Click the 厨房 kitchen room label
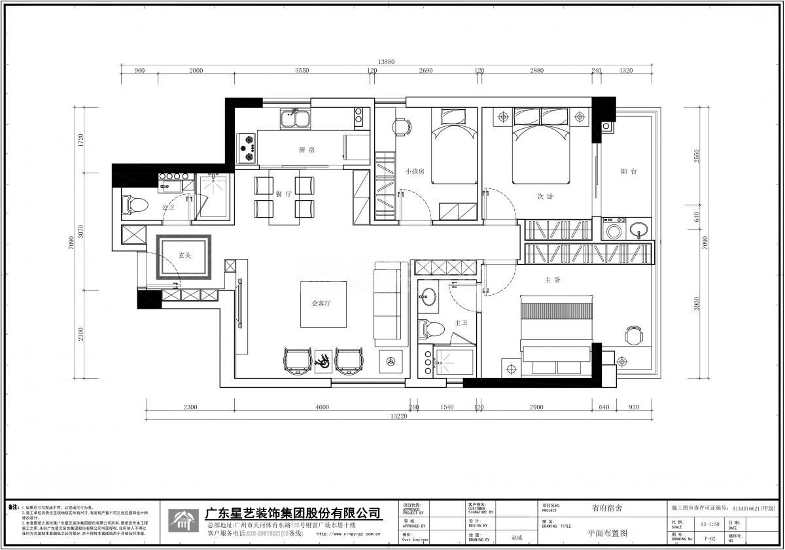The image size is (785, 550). tap(307, 150)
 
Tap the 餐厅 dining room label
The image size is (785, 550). tap(283, 194)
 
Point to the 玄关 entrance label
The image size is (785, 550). tap(185, 256)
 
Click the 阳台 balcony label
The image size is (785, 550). tap(629, 171)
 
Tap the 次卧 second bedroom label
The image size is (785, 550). tap(546, 196)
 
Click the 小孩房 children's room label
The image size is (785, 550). tap(415, 171)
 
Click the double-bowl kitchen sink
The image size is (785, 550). tap(295, 118)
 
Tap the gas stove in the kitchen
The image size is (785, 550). tap(247, 148)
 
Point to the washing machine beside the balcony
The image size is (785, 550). tap(614, 230)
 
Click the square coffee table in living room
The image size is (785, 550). tap(324, 304)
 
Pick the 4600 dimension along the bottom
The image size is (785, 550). tap(322, 407)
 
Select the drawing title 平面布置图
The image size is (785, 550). tap(607, 533)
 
